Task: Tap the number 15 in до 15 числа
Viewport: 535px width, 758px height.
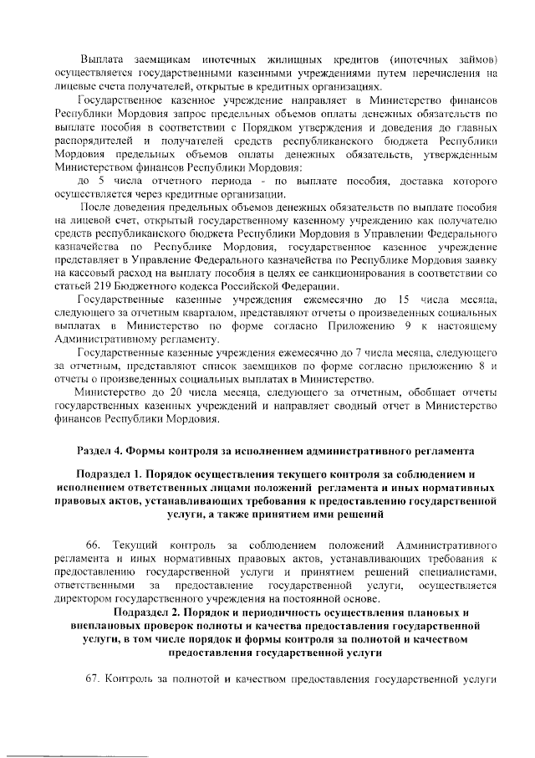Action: [x=401, y=300]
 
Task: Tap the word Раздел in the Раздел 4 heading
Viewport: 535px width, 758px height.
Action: [x=95, y=452]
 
